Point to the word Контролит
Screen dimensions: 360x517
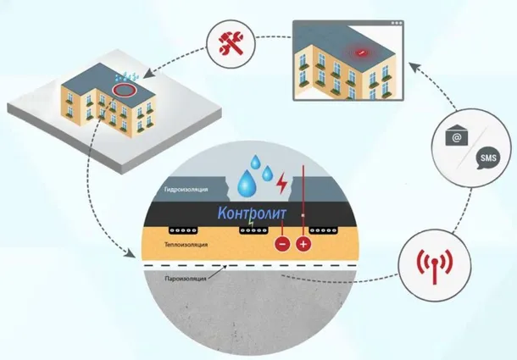252,214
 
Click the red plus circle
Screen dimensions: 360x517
303,246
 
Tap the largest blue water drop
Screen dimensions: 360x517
249,180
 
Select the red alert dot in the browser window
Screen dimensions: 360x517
360,53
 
